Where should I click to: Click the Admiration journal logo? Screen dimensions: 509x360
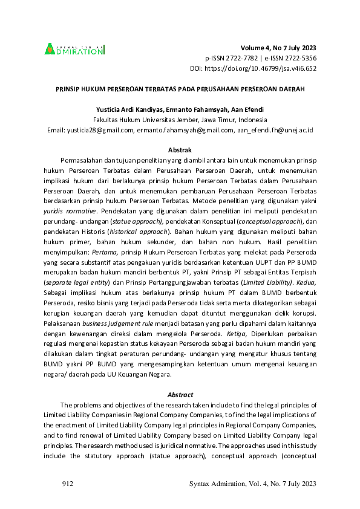pos(73,49)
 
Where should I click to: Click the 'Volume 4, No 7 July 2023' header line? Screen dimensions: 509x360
pos(278,48)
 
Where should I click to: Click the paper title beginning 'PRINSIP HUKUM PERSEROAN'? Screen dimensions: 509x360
pos(180,88)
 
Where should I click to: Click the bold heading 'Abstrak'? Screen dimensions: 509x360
pos(180,149)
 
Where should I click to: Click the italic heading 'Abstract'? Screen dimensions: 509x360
pos(180,394)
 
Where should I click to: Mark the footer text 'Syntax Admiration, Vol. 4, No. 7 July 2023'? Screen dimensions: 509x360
pos(253,484)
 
